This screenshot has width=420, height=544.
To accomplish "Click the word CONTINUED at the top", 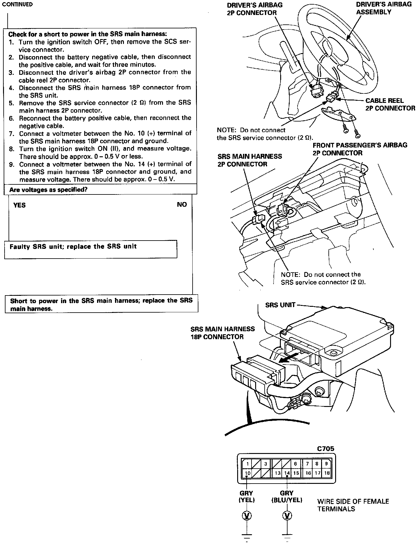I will pyautogui.click(x=17, y=5).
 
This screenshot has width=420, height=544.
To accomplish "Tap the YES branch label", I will pyautogui.click(x=20, y=205).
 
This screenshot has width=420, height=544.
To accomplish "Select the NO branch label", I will pyautogui.click(x=182, y=205).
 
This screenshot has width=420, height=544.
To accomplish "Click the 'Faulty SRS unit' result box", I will pyautogui.click(x=90, y=249).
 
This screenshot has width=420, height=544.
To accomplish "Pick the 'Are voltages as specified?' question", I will pyautogui.click(x=49, y=190).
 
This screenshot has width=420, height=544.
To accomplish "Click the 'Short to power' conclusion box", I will pyautogui.click(x=101, y=304).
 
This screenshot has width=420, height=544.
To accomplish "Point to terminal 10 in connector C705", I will pyautogui.click(x=248, y=473).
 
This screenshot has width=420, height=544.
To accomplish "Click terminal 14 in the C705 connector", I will pyautogui.click(x=287, y=473).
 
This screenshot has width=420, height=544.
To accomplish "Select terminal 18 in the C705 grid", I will pyautogui.click(x=327, y=473).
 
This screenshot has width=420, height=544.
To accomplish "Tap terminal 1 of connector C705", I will pyautogui.click(x=248, y=464).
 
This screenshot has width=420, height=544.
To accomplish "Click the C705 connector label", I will pyautogui.click(x=325, y=448).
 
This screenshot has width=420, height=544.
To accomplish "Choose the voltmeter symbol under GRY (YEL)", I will pyautogui.click(x=247, y=516).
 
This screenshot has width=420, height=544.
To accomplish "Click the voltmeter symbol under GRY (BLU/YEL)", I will pyautogui.click(x=287, y=516).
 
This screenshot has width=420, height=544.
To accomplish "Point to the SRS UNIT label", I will pyautogui.click(x=280, y=305).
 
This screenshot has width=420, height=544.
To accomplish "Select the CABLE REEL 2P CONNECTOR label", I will pyautogui.click(x=390, y=104).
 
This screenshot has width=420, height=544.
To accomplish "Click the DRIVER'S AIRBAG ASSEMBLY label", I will pyautogui.click(x=384, y=8).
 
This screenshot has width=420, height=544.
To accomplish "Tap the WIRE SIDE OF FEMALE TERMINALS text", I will pyautogui.click(x=353, y=505).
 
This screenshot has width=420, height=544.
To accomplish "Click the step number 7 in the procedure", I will pyautogui.click(x=11, y=133).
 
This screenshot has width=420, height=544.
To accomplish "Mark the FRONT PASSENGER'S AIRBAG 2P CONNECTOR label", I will pyautogui.click(x=360, y=149).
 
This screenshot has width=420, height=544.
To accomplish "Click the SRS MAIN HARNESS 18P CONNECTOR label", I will pyautogui.click(x=222, y=333).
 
